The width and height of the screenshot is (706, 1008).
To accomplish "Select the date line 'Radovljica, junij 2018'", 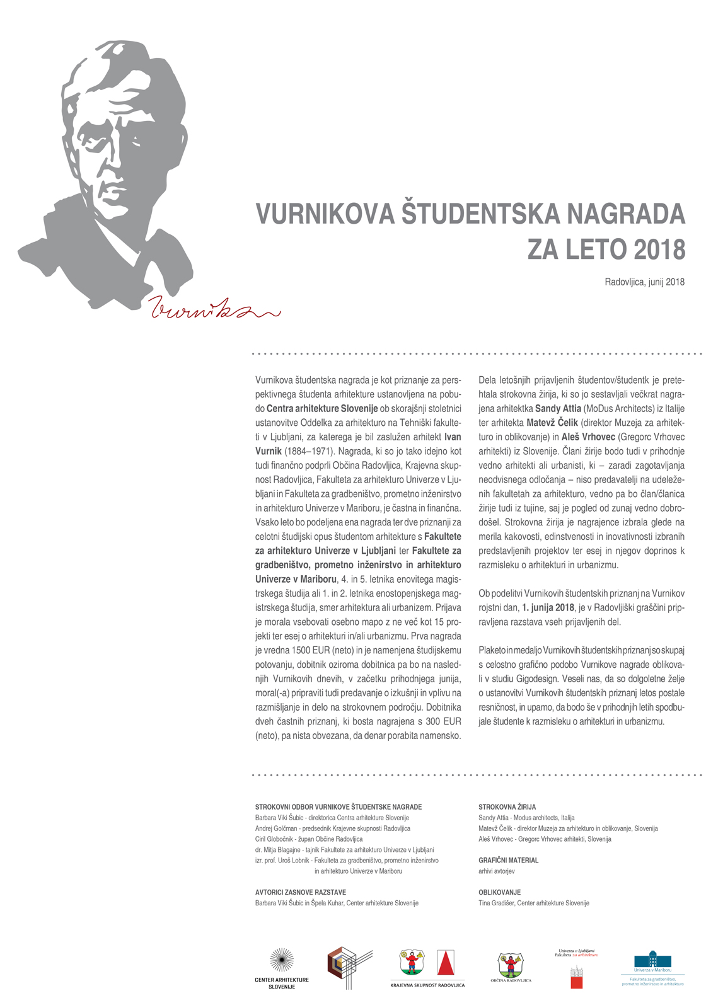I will tap(644, 282).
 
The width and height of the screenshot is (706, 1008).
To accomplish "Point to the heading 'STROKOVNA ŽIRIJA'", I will tap(507, 807).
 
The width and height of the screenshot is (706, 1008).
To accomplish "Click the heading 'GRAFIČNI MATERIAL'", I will tap(508, 860).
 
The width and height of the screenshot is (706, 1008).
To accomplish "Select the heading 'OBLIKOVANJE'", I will tap(499, 893).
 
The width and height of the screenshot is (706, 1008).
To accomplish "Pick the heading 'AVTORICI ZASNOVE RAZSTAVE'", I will tap(300, 893).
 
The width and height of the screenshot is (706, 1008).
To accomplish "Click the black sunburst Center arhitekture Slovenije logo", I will tap(281, 961).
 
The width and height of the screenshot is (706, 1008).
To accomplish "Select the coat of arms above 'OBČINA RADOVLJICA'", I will tap(511, 965).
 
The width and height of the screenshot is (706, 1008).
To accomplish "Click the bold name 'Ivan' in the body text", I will tap(453, 437).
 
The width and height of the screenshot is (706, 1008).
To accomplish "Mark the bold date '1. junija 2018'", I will tap(548, 608).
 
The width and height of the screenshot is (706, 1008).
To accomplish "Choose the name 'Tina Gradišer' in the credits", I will tap(496, 903).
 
